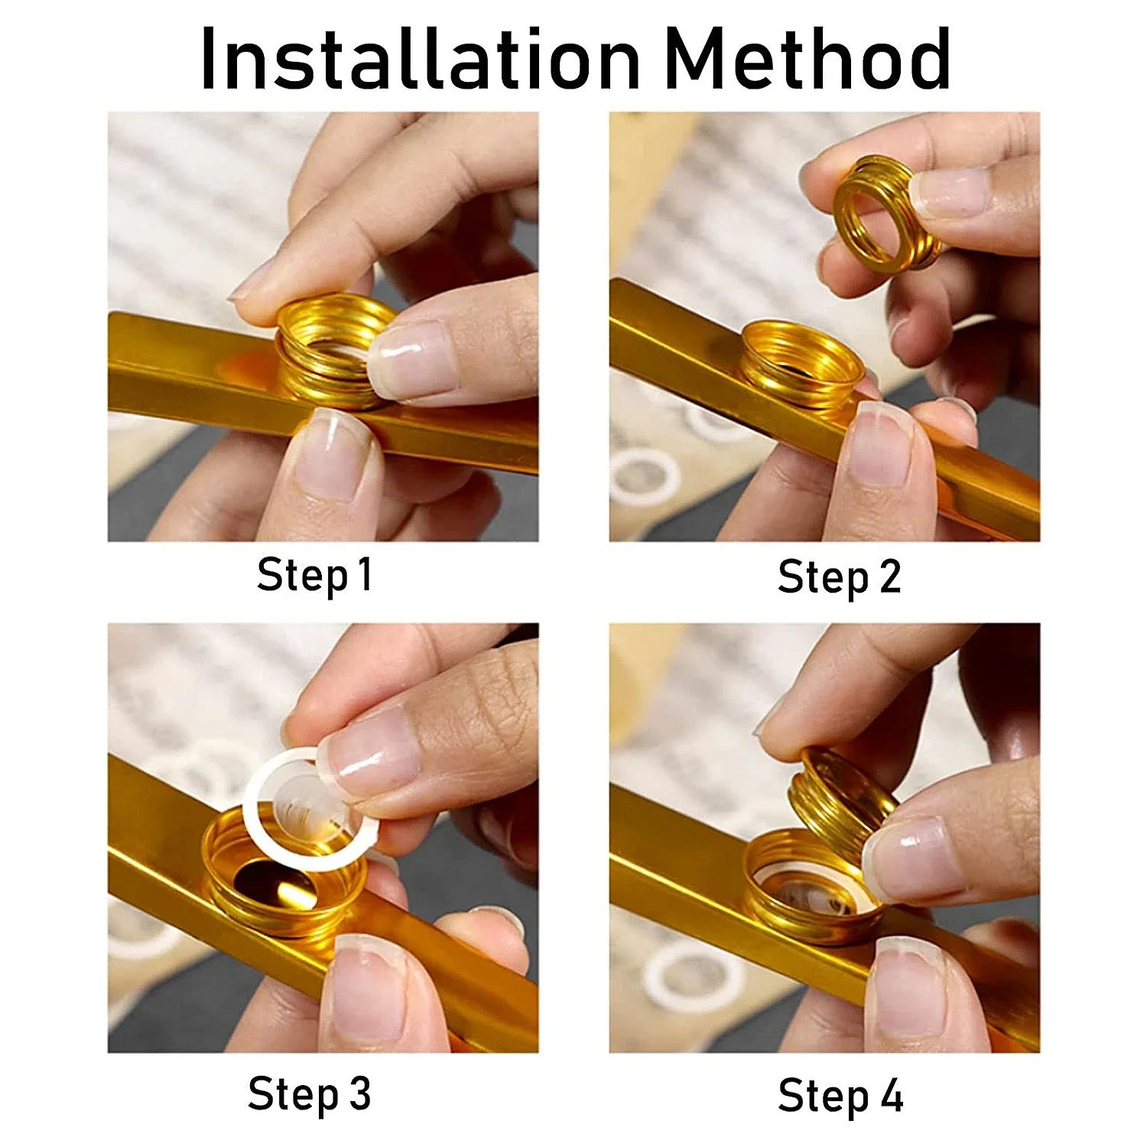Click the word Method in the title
point(807,60)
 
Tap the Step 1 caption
point(314,575)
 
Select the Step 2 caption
point(839,577)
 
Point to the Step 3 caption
point(309,1094)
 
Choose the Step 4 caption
point(840,1096)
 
